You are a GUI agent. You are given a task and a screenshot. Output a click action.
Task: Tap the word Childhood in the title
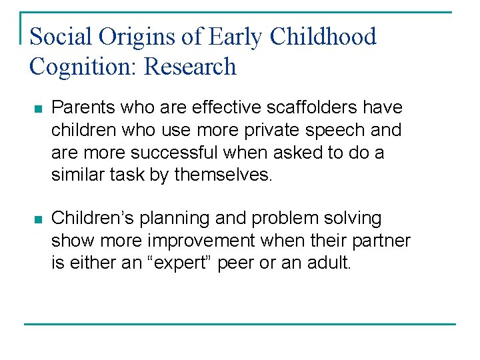(323, 37)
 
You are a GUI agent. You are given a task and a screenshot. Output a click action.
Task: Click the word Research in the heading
(191, 67)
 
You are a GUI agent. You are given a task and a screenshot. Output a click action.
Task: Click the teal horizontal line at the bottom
(240, 324)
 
